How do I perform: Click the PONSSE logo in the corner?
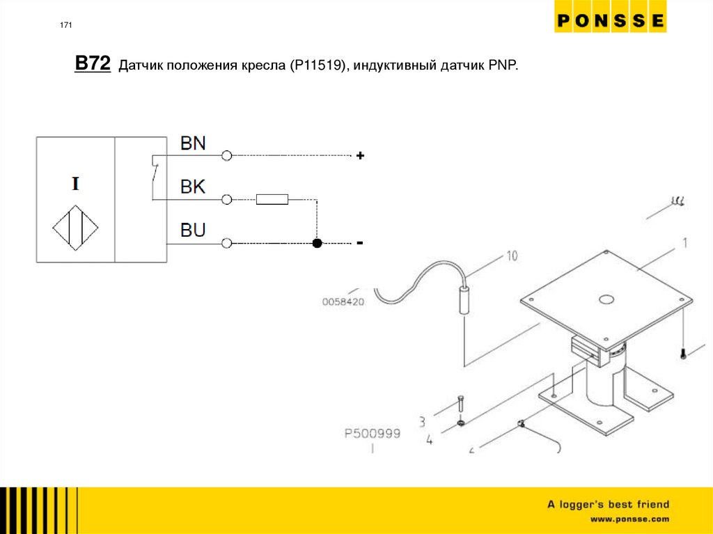610,21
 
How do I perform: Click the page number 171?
66,26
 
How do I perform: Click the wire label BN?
193,143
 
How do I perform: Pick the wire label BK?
193,187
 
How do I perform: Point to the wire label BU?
193,230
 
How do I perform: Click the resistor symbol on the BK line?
272,200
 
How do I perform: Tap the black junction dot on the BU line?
317,243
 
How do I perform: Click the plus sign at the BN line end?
360,157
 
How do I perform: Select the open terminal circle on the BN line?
226,156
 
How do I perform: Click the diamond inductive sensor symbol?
75,227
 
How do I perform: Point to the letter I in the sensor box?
75,184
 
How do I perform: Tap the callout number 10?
511,256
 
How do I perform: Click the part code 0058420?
343,302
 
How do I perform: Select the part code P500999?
373,433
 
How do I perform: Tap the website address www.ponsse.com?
629,519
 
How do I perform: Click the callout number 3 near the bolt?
422,421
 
